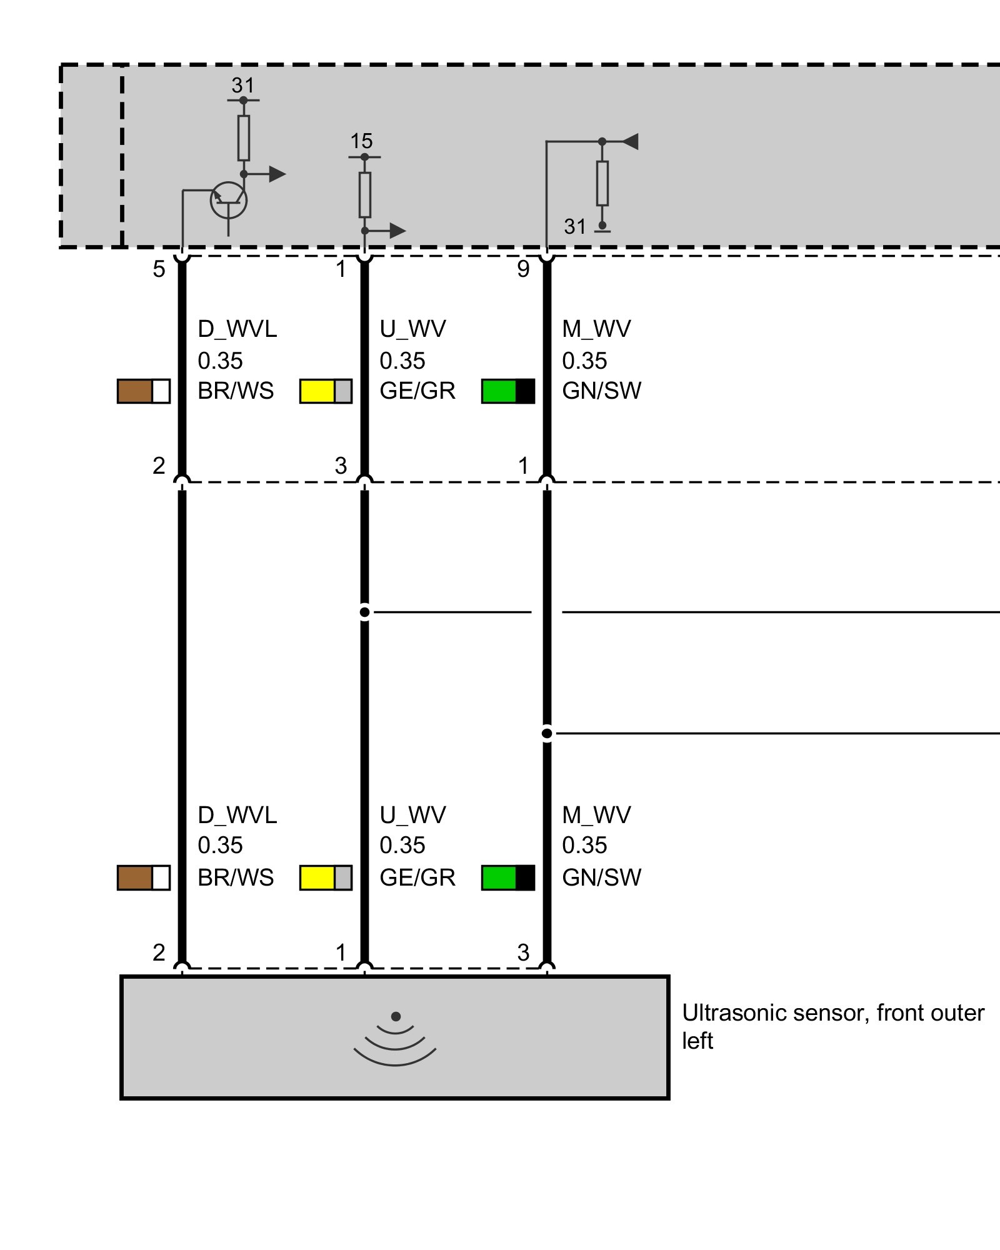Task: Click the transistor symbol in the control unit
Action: point(228,201)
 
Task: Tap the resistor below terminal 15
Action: point(365,195)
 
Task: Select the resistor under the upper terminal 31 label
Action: point(244,138)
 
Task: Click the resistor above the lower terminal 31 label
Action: point(602,183)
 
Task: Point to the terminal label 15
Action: point(361,141)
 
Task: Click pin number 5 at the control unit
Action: point(159,269)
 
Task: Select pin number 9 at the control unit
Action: point(523,269)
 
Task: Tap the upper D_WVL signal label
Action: point(237,329)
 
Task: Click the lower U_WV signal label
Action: point(412,815)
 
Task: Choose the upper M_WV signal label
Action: point(596,329)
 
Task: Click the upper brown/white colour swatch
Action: point(144,391)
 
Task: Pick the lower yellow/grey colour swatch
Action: point(326,877)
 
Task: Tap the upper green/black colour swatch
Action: point(508,391)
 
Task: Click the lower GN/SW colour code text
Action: point(601,877)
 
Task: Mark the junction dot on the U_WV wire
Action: point(365,612)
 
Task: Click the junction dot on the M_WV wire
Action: point(547,733)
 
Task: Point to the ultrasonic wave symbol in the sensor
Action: point(395,1041)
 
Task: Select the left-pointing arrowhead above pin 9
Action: point(630,141)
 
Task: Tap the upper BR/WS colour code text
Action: point(236,391)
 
